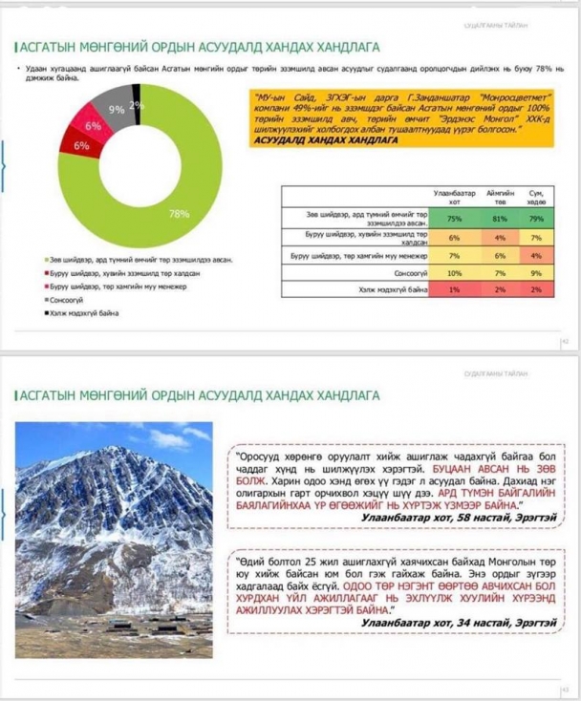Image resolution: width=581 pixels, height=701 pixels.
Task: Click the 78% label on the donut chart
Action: (179, 213)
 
